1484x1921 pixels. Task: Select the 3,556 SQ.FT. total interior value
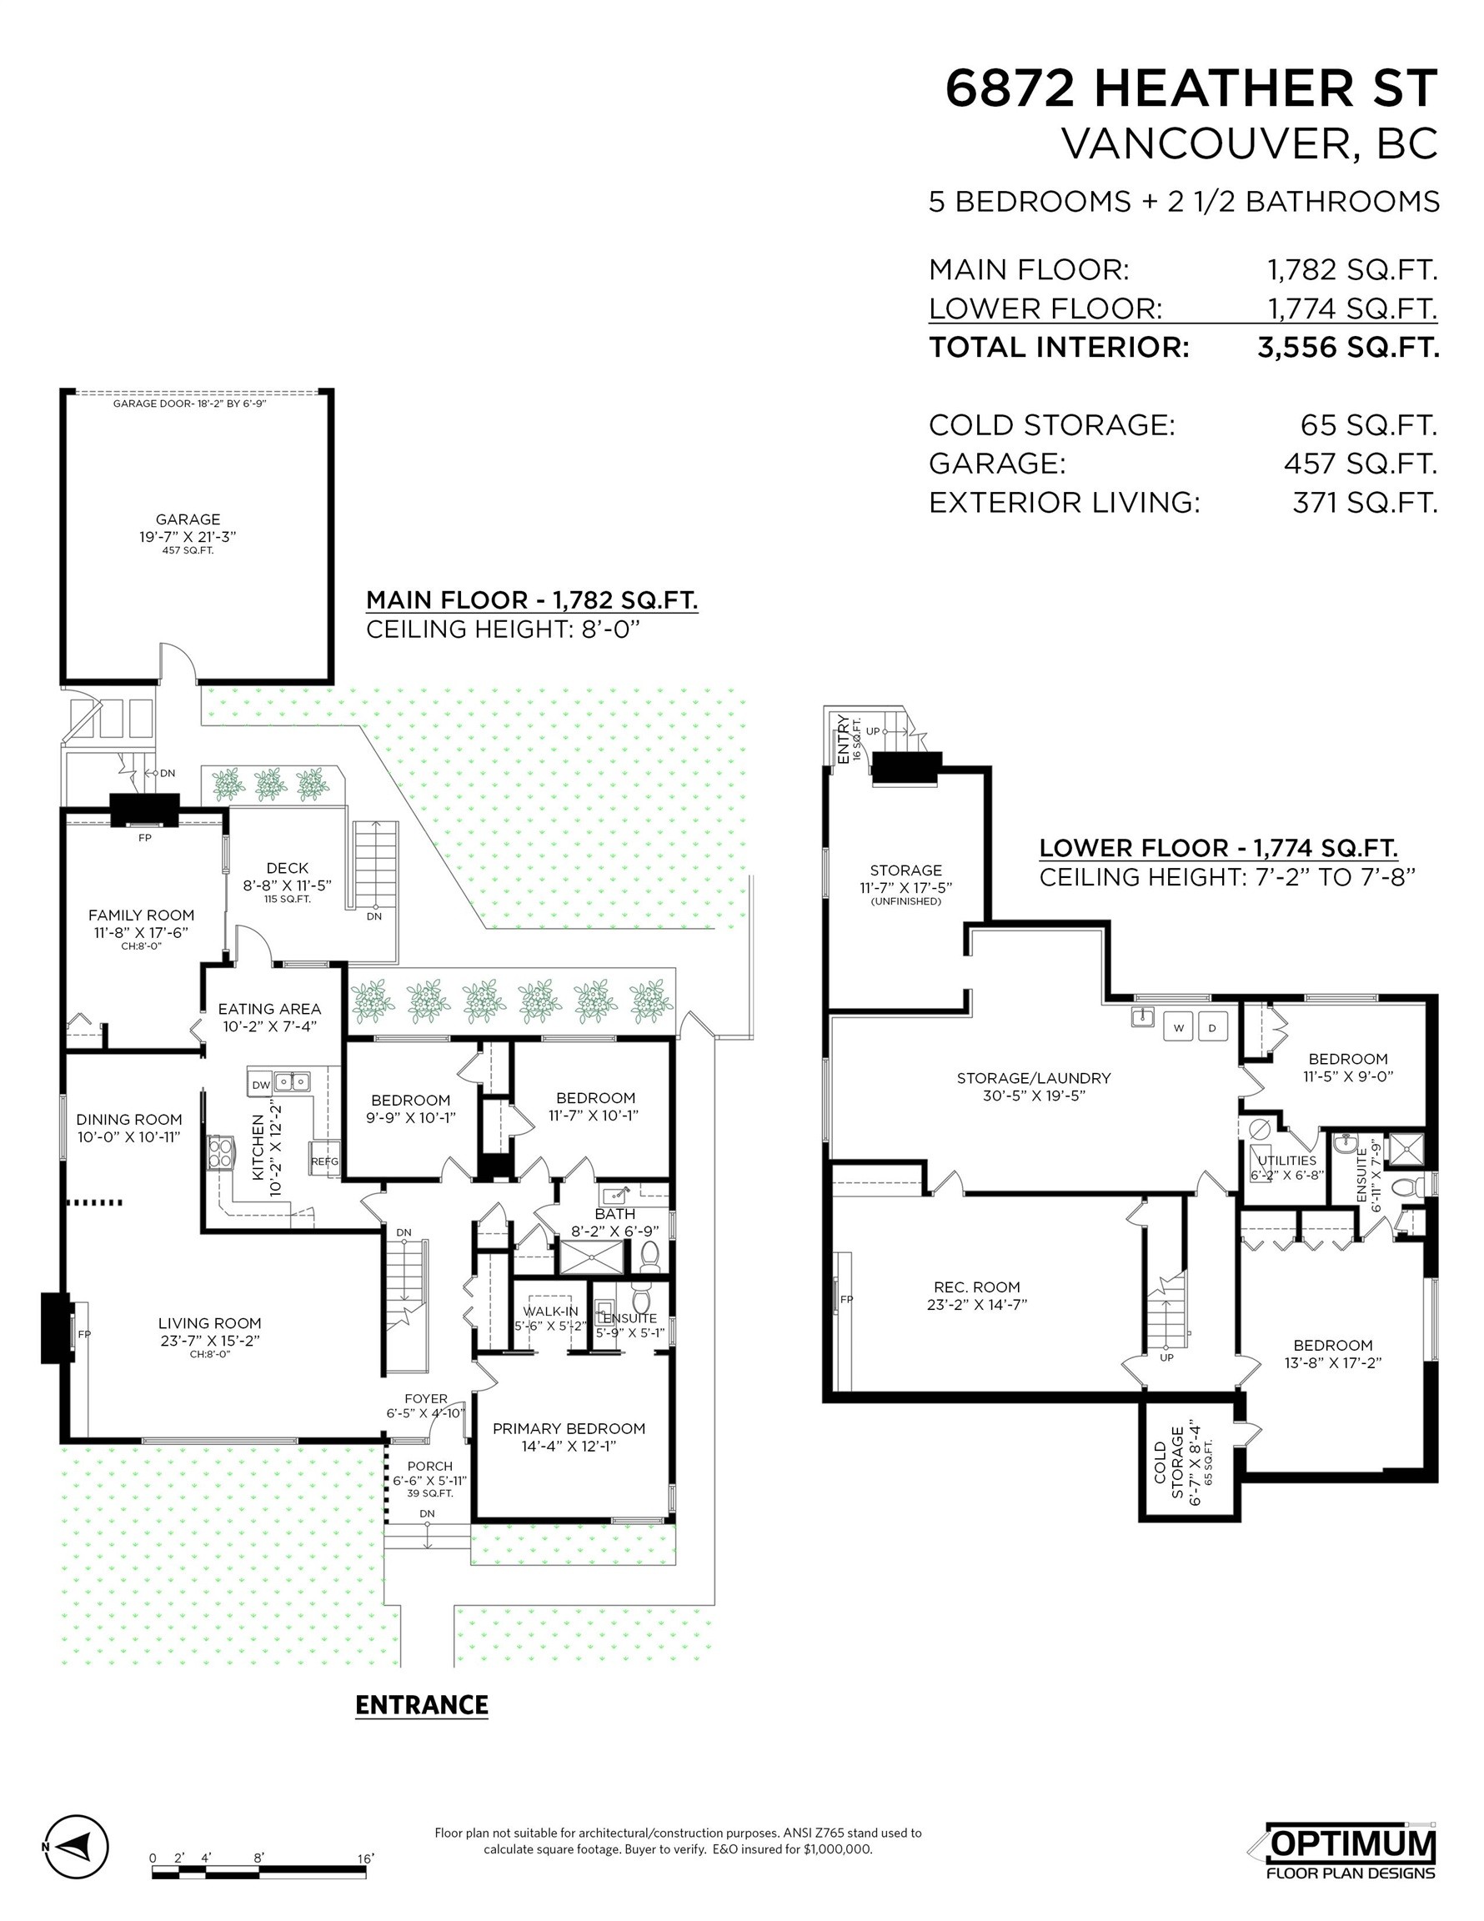1347,348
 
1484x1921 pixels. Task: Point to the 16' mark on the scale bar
365,1858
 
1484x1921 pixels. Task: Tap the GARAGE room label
188,519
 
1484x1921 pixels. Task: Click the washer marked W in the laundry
1179,1027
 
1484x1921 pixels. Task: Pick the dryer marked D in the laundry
1212,1027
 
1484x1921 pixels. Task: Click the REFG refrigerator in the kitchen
323,1161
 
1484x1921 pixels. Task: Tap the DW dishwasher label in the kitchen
261,1085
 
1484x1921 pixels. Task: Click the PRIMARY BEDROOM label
569,1428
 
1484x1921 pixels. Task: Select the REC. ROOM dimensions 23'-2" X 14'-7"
976,1304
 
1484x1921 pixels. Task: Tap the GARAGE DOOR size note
189,404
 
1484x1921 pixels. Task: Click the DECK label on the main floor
287,868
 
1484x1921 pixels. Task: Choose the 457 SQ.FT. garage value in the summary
1359,464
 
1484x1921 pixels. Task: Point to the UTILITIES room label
1286,1160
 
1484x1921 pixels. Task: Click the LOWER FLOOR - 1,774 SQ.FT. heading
1218,848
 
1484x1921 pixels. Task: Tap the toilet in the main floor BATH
651,1257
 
